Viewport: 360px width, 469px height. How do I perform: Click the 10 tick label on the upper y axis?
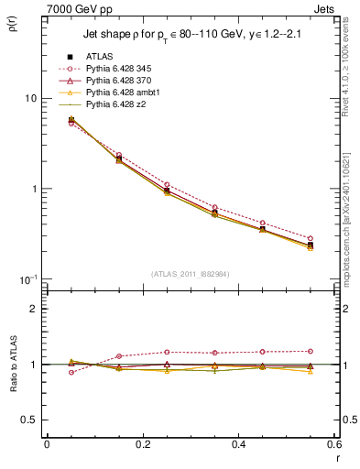(x=29, y=98)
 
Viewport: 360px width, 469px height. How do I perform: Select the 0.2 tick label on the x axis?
(x=142, y=444)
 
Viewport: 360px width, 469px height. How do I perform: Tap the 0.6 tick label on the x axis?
(x=334, y=444)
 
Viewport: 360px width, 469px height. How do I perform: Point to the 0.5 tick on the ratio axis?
(x=32, y=420)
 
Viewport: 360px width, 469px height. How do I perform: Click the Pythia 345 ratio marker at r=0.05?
(x=71, y=372)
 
